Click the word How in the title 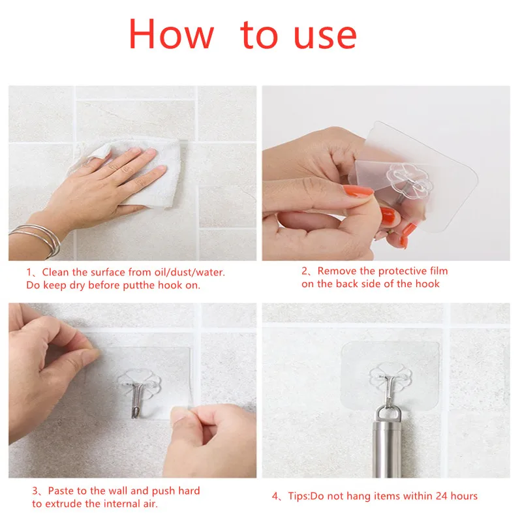(x=171, y=34)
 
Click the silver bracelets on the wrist (x=37, y=239)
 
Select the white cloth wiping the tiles (x=133, y=172)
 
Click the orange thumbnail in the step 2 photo (x=358, y=191)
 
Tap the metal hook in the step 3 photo (x=137, y=399)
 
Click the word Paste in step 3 (x=61, y=491)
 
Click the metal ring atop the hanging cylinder (x=388, y=413)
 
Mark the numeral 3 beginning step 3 (x=35, y=491)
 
